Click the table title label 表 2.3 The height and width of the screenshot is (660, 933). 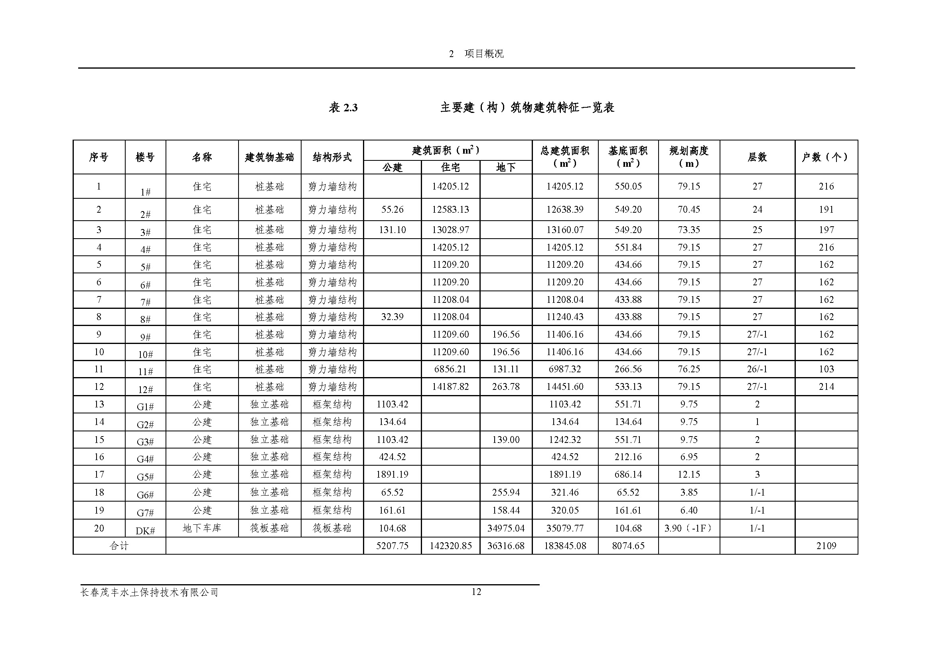point(343,108)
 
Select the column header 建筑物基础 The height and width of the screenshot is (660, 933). point(269,157)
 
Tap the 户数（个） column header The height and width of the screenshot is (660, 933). point(826,157)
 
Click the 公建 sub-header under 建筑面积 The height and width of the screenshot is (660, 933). point(392,168)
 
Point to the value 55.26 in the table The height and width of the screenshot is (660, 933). point(392,210)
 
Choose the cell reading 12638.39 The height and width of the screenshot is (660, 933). point(564,210)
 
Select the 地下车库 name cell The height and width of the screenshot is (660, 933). point(202,528)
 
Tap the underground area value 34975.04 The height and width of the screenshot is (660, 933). point(505,528)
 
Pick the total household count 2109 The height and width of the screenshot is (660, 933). point(826,546)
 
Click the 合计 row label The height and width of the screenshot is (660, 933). point(119,546)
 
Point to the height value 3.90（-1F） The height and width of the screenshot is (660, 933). point(688,528)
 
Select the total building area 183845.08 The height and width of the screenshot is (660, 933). point(565,546)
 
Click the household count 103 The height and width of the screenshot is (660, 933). point(826,369)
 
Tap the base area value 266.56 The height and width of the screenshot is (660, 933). point(628,369)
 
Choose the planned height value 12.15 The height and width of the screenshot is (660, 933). point(689,474)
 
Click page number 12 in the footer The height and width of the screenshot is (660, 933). point(476,592)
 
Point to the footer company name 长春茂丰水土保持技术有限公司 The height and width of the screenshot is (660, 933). point(150,593)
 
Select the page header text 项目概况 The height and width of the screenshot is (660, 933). point(484,53)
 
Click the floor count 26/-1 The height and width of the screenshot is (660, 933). point(757,369)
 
